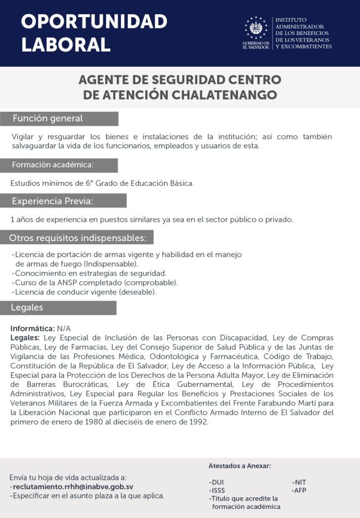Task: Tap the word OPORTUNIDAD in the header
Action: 94,22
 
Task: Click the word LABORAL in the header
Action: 66,45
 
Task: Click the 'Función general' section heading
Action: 48,119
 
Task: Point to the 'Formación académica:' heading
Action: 53,165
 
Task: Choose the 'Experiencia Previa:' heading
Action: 53,201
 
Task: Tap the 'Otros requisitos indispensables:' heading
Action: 78,237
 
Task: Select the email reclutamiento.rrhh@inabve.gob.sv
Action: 73,487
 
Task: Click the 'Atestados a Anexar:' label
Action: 240,466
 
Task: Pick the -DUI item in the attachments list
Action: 216,482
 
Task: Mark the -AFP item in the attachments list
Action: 299,490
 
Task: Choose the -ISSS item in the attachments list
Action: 217,490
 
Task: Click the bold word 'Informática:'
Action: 32,328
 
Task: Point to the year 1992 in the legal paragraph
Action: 198,422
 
